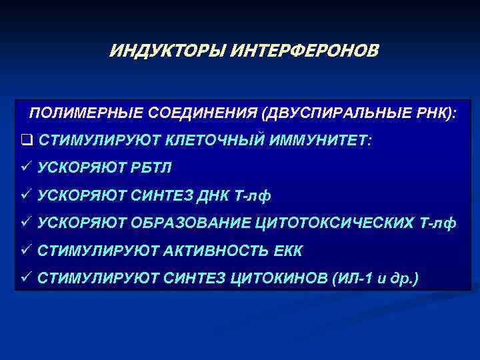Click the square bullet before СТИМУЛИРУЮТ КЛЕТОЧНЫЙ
(x=26, y=141)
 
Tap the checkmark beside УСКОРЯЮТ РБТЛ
(x=26, y=167)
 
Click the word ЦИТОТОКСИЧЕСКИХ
(x=333, y=223)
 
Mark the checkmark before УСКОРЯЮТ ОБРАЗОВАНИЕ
(x=26, y=223)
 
